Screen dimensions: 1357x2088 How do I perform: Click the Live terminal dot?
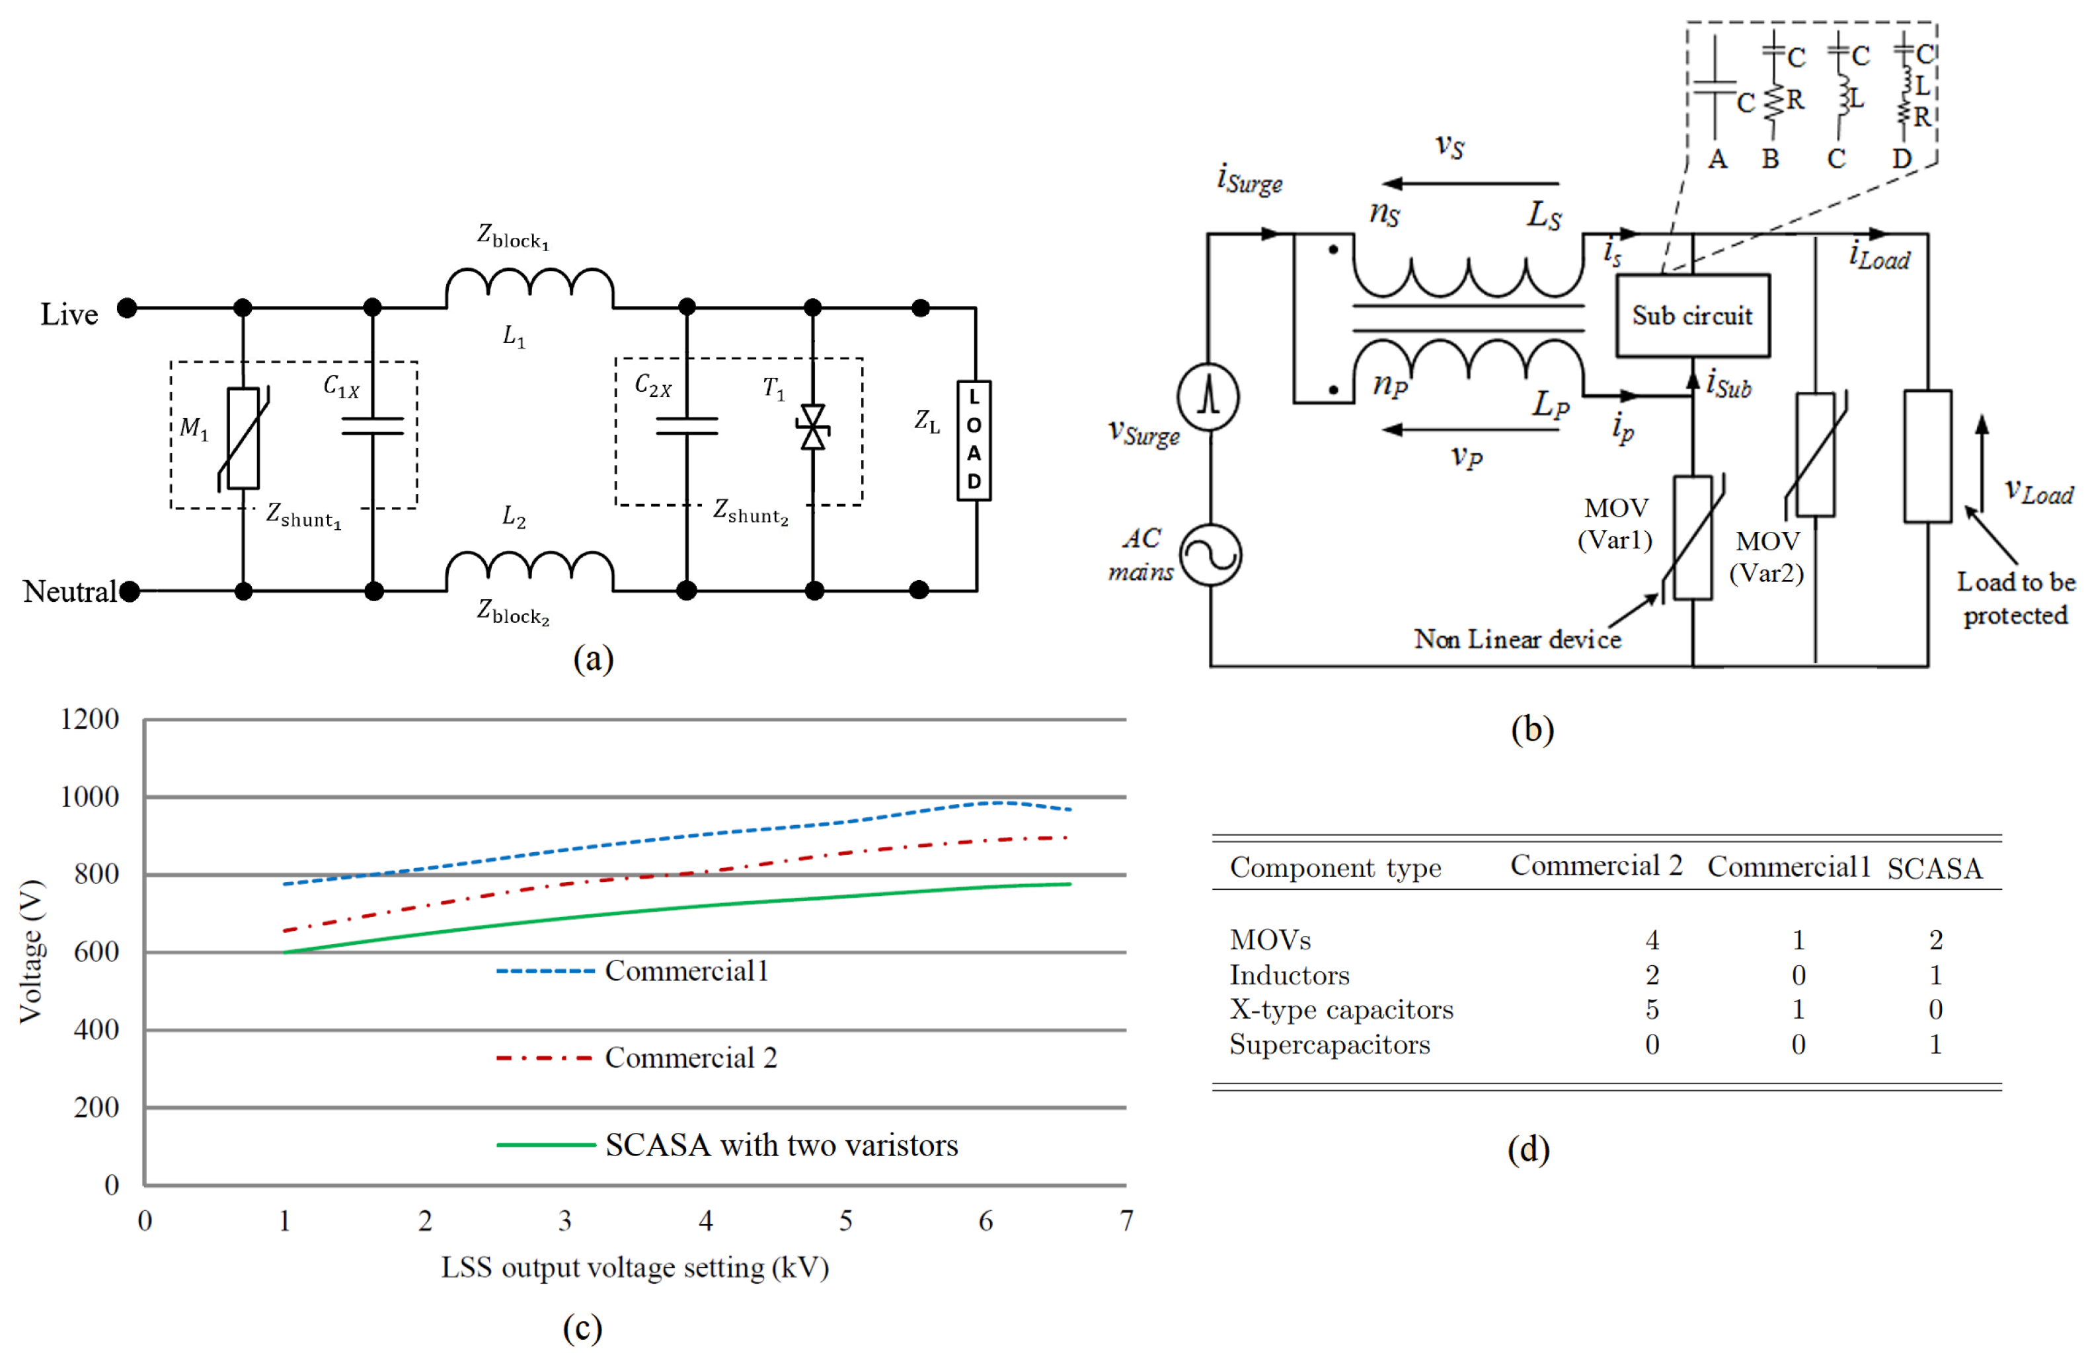pos(127,308)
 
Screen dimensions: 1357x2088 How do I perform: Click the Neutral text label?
pos(69,592)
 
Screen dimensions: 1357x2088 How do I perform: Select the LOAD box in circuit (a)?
pos(973,441)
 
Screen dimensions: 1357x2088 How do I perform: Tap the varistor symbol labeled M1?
pos(243,438)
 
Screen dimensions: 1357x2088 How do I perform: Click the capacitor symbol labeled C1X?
pos(373,426)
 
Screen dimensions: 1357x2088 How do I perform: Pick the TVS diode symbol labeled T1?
pos(812,427)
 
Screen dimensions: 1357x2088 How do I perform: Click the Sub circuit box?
pos(1691,316)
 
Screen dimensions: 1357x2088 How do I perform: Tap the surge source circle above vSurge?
pos(1208,396)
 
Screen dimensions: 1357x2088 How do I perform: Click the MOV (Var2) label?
pos(1766,557)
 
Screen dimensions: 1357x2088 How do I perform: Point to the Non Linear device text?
pos(1517,640)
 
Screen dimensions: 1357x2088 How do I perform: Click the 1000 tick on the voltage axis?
pos(89,797)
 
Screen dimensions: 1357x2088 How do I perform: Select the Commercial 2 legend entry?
pos(691,1058)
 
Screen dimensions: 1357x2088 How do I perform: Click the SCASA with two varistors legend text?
pos(781,1146)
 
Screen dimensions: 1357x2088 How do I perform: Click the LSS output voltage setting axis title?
pos(635,1268)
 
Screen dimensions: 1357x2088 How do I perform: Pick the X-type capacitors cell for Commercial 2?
pos(1651,1009)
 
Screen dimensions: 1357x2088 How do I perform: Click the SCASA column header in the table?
pos(1935,868)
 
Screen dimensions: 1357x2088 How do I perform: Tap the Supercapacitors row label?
pos(1329,1045)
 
